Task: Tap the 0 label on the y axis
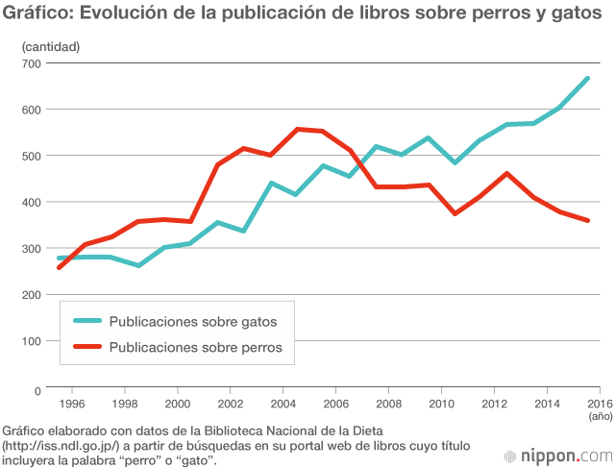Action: [x=37, y=390]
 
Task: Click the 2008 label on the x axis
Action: [x=386, y=404]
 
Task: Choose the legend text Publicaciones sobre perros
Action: [x=196, y=348]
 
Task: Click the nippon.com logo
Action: [x=558, y=454]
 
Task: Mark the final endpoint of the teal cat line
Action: [x=587, y=79]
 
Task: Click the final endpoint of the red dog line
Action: [x=587, y=221]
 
